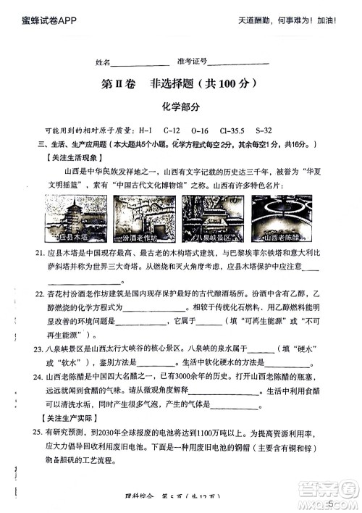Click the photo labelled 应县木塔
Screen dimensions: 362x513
(x=77, y=218)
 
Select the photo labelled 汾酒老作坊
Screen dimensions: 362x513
(x=139, y=218)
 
